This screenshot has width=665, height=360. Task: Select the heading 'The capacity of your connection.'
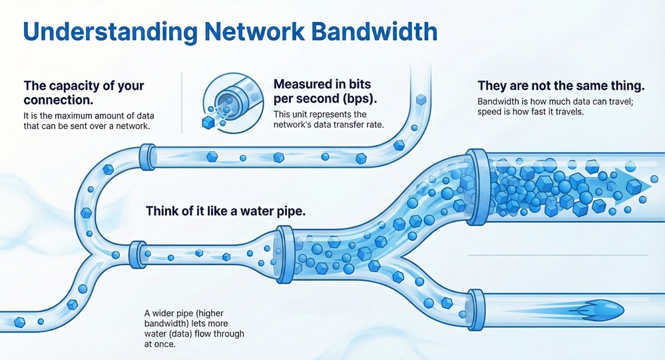coord(83,92)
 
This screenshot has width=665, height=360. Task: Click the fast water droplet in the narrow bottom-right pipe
coord(603,308)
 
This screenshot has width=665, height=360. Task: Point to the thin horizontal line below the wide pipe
coord(557,256)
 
